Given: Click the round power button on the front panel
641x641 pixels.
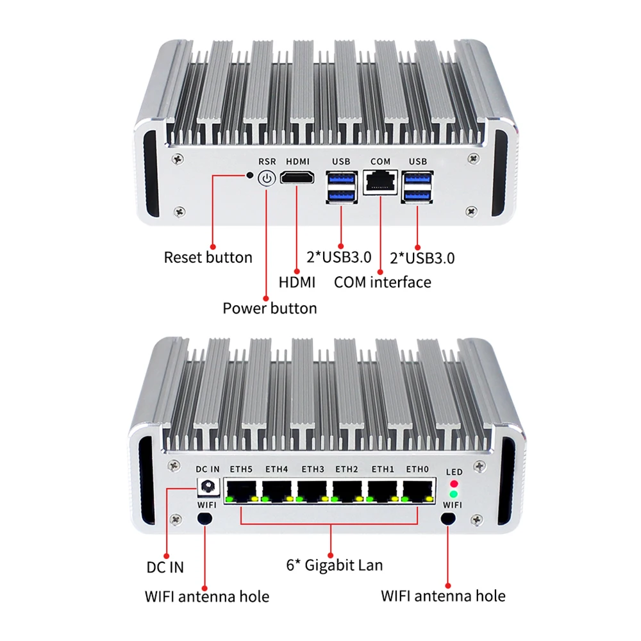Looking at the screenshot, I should (266, 179).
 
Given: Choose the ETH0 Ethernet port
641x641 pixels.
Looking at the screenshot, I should (417, 491).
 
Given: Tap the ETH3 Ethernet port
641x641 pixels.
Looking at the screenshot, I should (312, 491).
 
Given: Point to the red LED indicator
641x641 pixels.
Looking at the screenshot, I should (454, 483).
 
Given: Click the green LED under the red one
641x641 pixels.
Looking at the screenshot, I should (454, 494).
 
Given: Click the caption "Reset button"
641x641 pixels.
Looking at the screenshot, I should (208, 258).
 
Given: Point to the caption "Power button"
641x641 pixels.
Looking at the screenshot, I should (269, 308).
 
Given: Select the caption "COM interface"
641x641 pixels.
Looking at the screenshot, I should (383, 281).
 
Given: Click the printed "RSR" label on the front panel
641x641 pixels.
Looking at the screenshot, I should (267, 162).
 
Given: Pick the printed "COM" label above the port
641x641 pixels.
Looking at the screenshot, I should (380, 162).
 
